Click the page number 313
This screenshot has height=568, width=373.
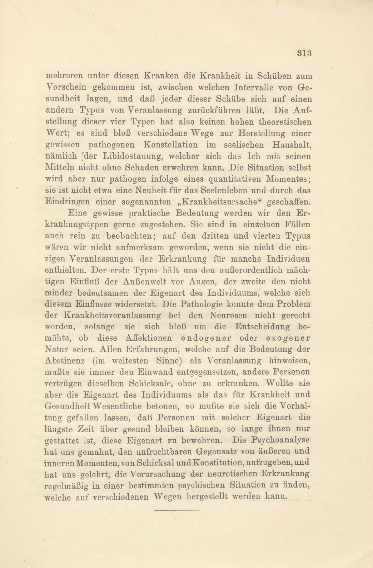[305, 53]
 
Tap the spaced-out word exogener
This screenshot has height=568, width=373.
[288, 338]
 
